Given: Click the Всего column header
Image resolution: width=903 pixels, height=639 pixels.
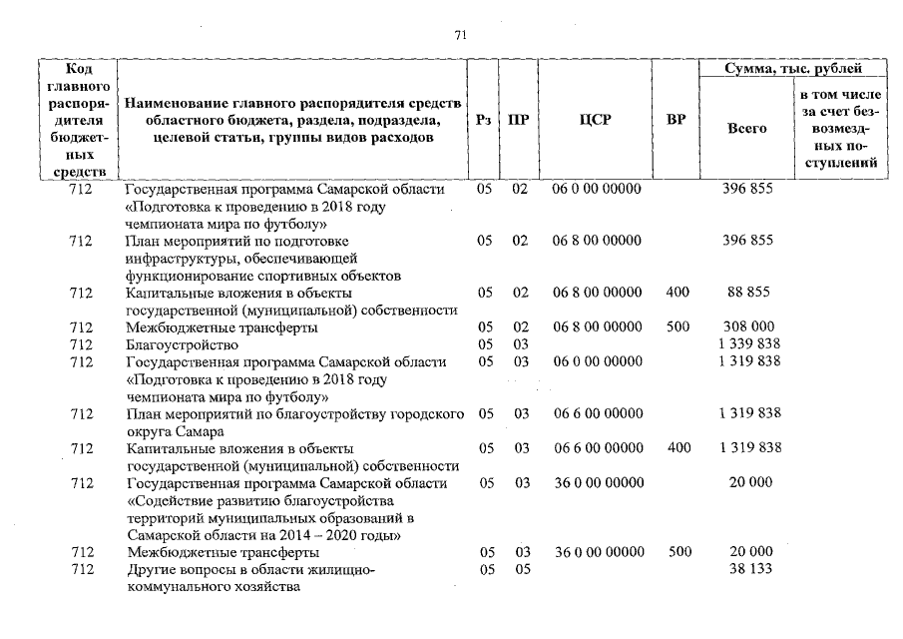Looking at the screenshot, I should pyautogui.click(x=746, y=129).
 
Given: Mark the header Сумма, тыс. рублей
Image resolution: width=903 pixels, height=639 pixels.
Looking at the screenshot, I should pyautogui.click(x=792, y=69).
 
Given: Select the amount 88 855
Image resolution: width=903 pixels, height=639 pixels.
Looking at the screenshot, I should pyautogui.click(x=746, y=293).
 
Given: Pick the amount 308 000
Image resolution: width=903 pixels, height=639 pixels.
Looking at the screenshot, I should pyautogui.click(x=746, y=327).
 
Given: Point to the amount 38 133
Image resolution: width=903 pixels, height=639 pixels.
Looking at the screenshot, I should pyautogui.click(x=746, y=569).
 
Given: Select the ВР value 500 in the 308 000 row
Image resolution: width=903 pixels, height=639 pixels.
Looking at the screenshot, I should pyautogui.click(x=677, y=327).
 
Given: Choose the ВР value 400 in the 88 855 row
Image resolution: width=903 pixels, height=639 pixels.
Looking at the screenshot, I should pyautogui.click(x=677, y=293).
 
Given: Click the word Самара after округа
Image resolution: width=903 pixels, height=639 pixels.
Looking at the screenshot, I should pyautogui.click(x=198, y=431).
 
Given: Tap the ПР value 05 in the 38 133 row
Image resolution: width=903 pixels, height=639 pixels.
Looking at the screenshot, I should pyautogui.click(x=520, y=569).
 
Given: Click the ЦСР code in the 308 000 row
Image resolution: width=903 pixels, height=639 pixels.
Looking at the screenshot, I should pyautogui.click(x=597, y=327).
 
